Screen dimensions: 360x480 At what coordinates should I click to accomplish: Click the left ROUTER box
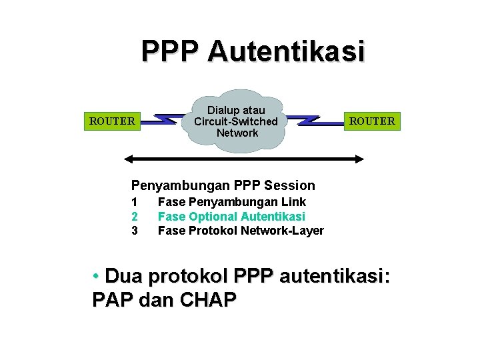[x=112, y=121]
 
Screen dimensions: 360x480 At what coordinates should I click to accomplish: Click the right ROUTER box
[x=372, y=121]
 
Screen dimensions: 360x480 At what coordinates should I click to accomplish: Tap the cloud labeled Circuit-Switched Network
[x=236, y=121]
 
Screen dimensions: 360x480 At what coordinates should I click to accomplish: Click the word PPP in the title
[x=171, y=51]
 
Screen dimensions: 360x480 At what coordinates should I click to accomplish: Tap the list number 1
[x=134, y=201]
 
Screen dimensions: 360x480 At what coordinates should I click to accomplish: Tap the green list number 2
[x=134, y=216]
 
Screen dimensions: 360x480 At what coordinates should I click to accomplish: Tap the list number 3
[x=134, y=231]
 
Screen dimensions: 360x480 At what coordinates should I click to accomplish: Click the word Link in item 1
[x=294, y=201]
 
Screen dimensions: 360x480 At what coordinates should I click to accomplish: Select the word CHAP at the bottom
[x=208, y=300]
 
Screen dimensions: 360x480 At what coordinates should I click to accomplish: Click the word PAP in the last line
[x=113, y=300]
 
